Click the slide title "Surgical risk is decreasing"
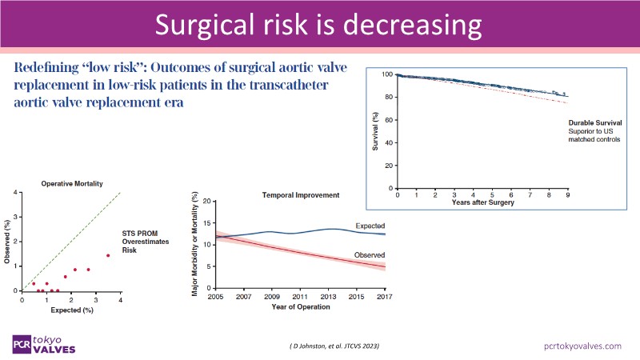pyautogui.click(x=319, y=26)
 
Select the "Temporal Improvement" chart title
pyautogui.click(x=295, y=195)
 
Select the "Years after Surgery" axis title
pyautogui.click(x=482, y=203)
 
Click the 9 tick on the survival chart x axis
pyautogui.click(x=567, y=195)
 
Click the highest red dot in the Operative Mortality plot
pyautogui.click(x=108, y=256)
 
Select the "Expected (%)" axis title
pyautogui.click(x=71, y=309)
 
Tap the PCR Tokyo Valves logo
pyautogui.click(x=49, y=343)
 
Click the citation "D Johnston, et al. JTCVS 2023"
pyautogui.click(x=334, y=345)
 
